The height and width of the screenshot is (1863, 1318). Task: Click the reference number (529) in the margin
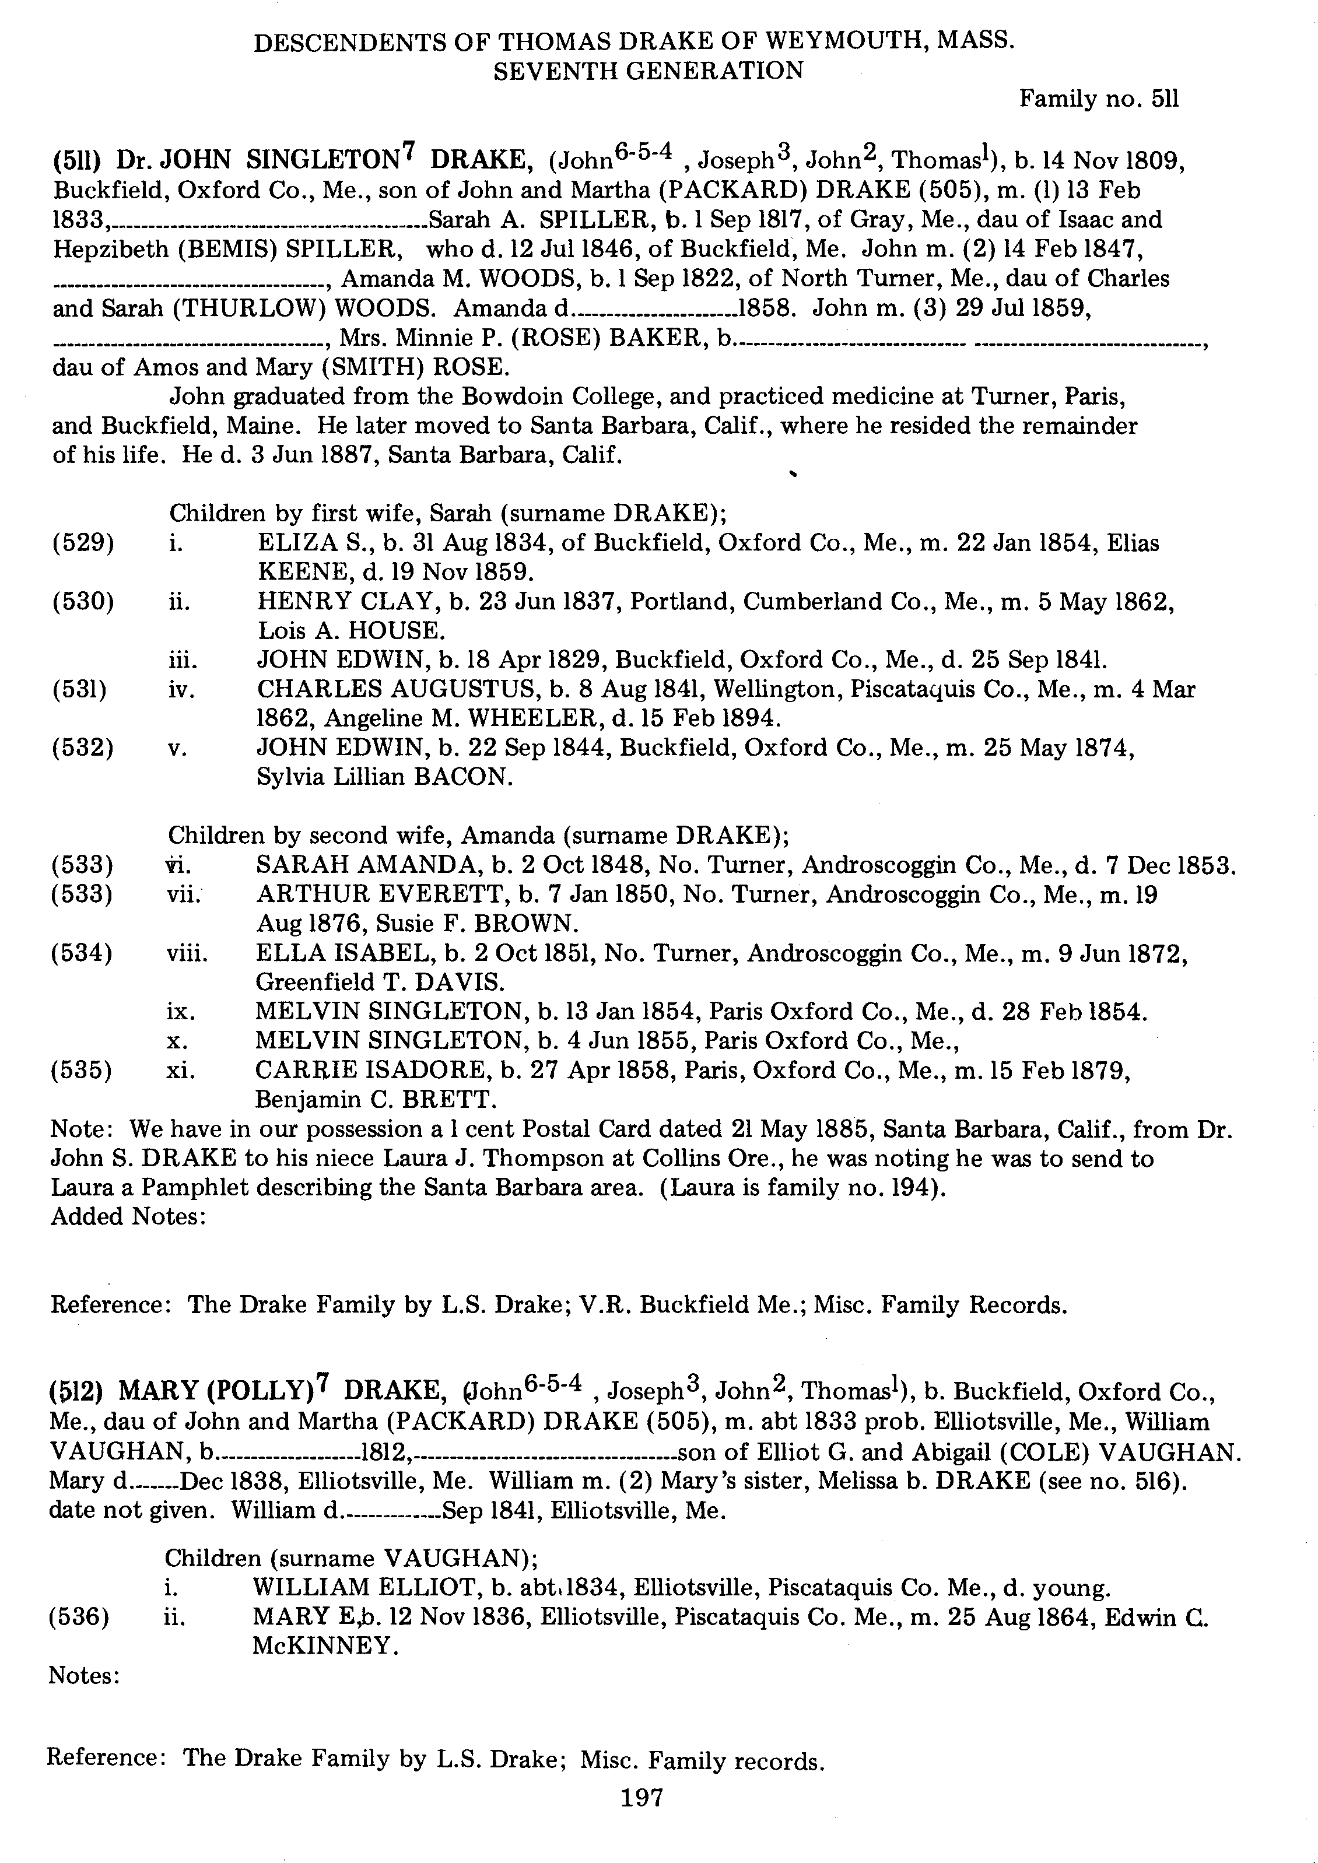(x=83, y=543)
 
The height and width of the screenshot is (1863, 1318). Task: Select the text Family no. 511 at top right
(x=1098, y=99)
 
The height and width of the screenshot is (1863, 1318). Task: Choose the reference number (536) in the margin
(x=79, y=1617)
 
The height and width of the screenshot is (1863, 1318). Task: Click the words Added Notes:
(x=127, y=1216)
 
